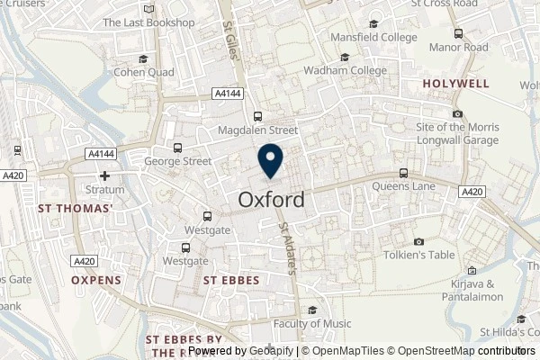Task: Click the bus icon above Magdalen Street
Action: tap(258, 115)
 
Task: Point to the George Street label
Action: tap(177, 162)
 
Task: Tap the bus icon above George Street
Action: tap(177, 148)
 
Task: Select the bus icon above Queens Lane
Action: tap(403, 173)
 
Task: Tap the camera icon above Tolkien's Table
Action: tap(418, 241)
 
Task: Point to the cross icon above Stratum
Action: tap(105, 176)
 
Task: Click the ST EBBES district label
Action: tap(231, 281)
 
